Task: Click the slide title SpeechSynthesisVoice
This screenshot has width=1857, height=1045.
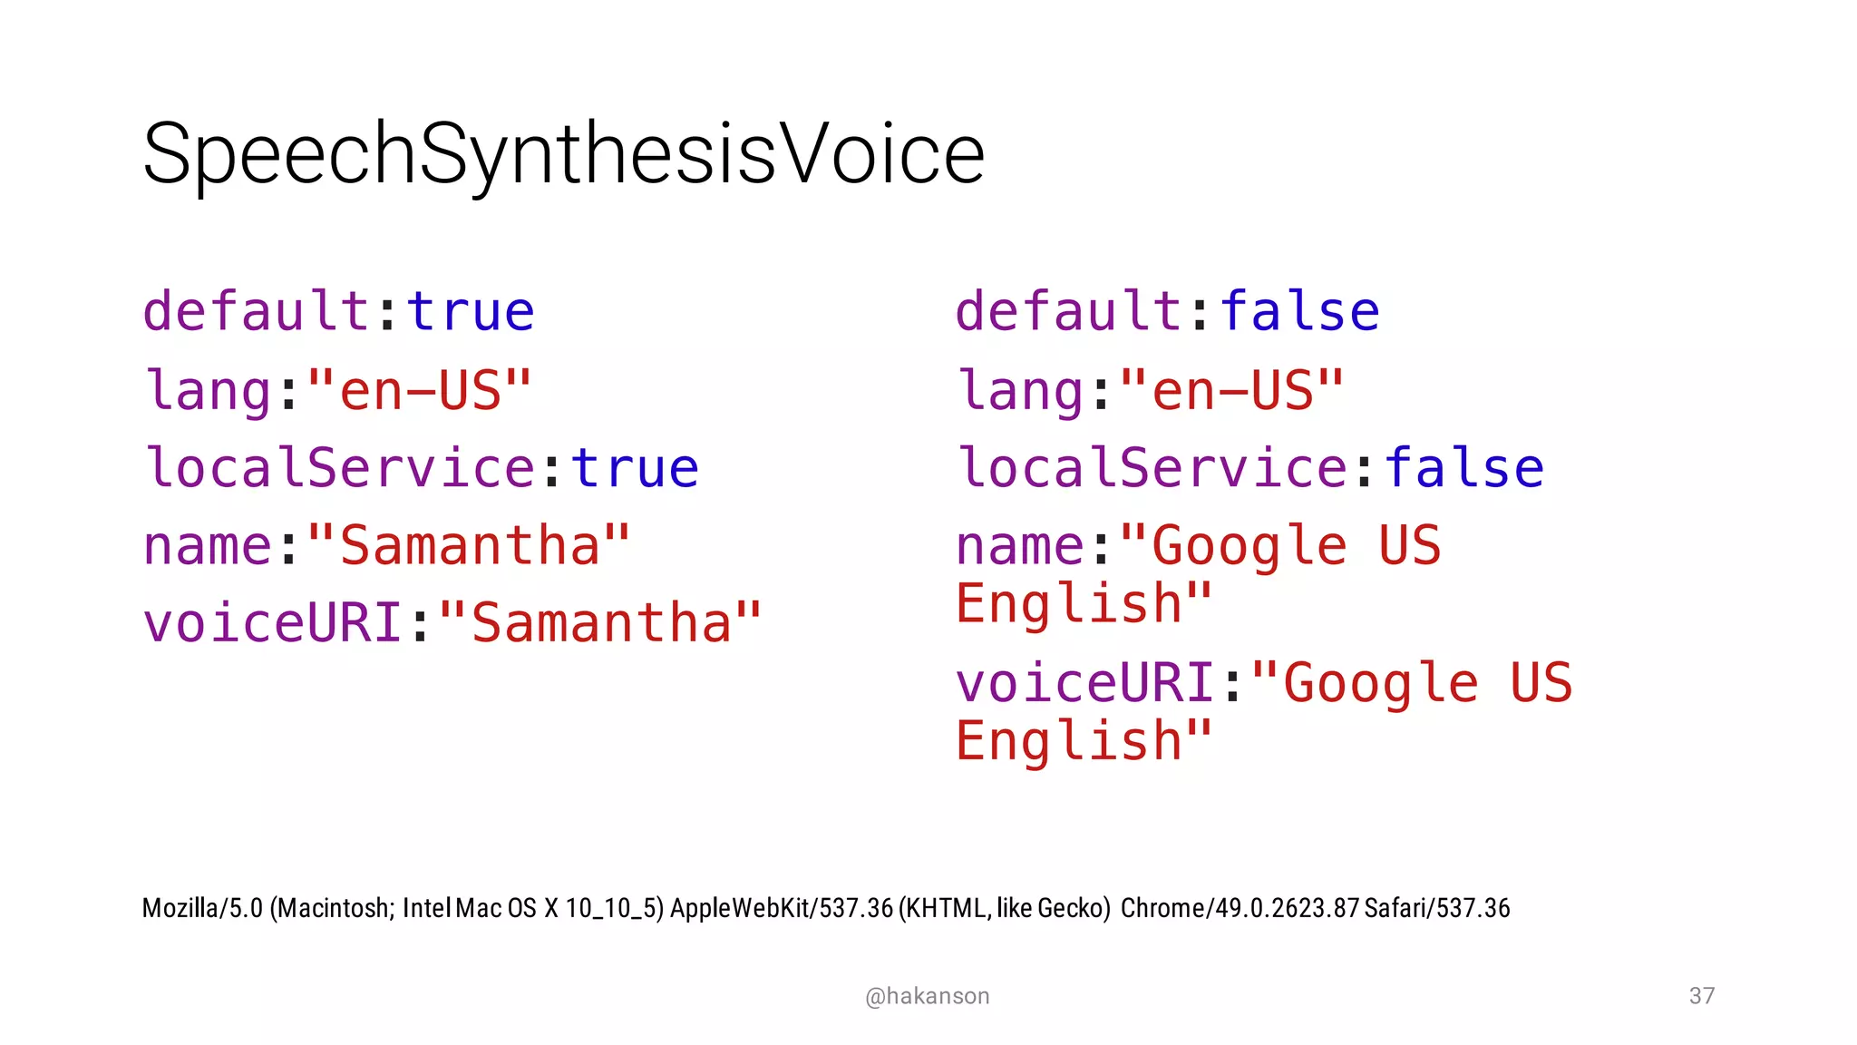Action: pyautogui.click(x=563, y=154)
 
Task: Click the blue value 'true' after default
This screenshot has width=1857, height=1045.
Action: pyautogui.click(x=471, y=312)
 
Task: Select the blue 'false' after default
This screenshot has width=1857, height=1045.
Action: pyautogui.click(x=1299, y=312)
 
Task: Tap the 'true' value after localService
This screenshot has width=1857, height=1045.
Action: pyautogui.click(x=635, y=468)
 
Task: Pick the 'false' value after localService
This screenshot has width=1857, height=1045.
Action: pyautogui.click(x=1463, y=468)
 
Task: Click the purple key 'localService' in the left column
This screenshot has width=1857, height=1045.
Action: pyautogui.click(x=340, y=468)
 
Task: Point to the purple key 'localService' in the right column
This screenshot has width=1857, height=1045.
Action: pyautogui.click(x=1153, y=468)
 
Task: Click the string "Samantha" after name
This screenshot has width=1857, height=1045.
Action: pyautogui.click(x=469, y=546)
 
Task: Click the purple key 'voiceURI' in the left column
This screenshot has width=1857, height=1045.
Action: pyautogui.click(x=272, y=624)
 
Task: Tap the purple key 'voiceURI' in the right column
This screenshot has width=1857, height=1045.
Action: pyautogui.click(x=1085, y=683)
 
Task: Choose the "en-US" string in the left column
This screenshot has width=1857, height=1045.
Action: pyautogui.click(x=419, y=391)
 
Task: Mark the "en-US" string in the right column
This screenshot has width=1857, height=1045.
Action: pyautogui.click(x=1231, y=391)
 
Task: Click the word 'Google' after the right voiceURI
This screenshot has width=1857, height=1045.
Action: pyautogui.click(x=1380, y=683)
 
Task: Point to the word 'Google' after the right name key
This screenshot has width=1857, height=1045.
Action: pyautogui.click(x=1249, y=546)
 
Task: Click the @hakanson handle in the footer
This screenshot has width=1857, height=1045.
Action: pyautogui.click(x=927, y=996)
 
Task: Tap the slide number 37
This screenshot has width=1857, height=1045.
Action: pyautogui.click(x=1701, y=996)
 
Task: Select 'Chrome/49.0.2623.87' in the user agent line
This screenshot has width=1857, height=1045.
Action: pyautogui.click(x=1240, y=908)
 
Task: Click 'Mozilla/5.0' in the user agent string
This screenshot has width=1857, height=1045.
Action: pyautogui.click(x=202, y=908)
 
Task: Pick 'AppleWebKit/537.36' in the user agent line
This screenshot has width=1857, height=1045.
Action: pyautogui.click(x=781, y=908)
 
